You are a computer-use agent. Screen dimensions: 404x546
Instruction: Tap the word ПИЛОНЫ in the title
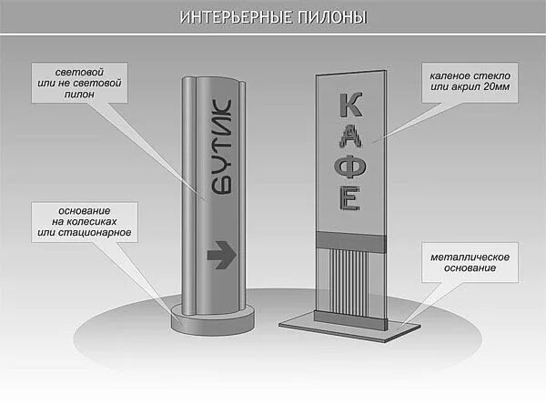319,18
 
